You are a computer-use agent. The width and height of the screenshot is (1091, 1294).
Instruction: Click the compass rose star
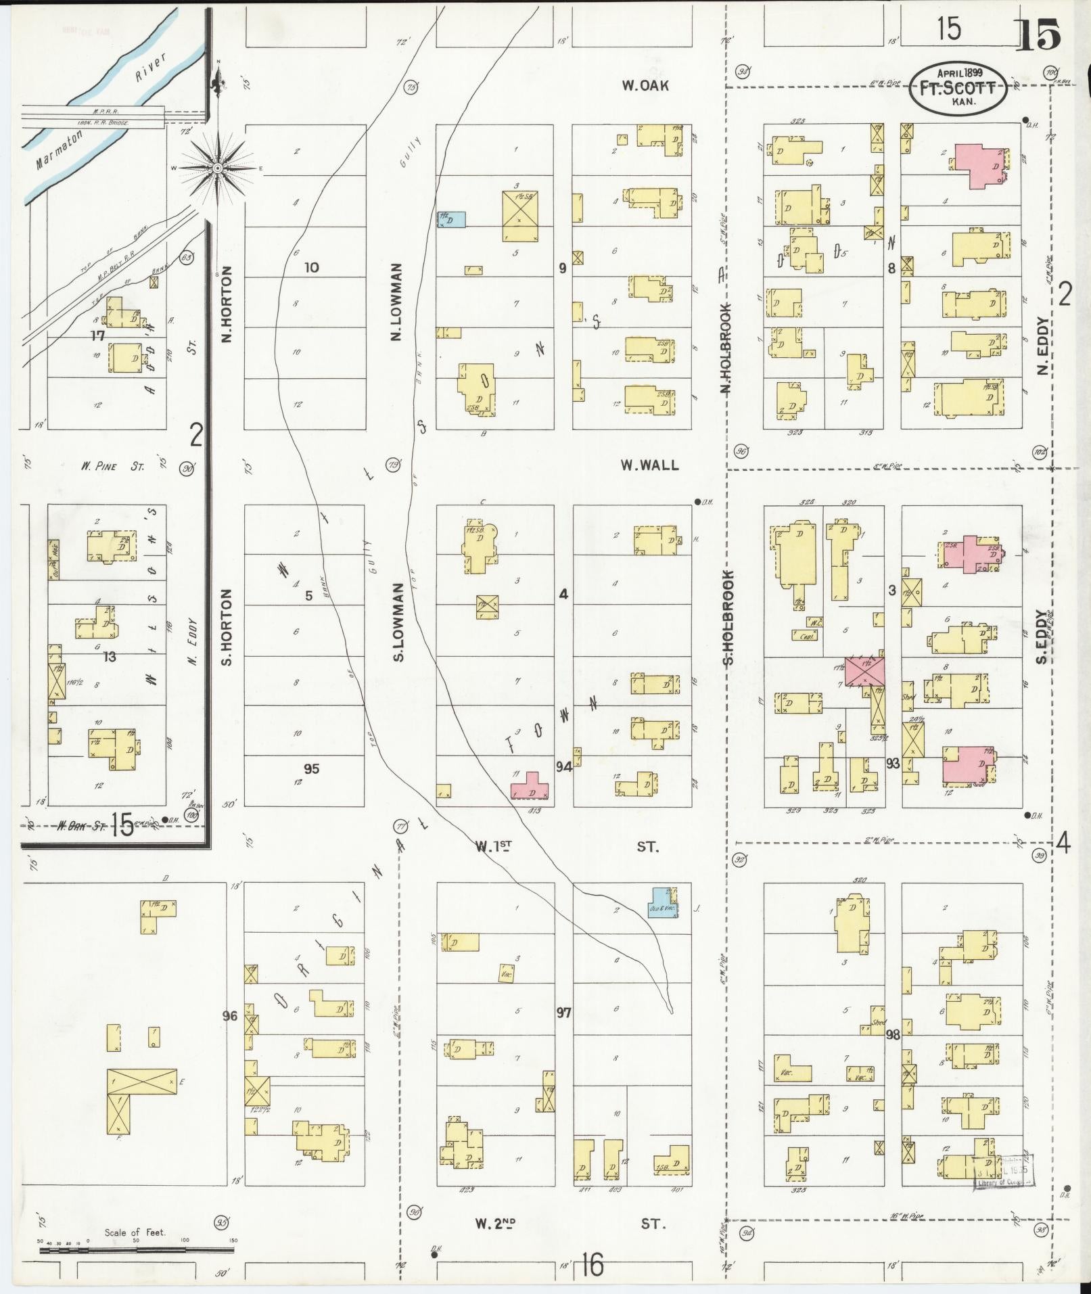(218, 167)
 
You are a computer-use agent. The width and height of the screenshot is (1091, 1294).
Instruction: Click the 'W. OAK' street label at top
(645, 85)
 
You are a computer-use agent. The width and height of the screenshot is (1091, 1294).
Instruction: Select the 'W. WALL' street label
(649, 465)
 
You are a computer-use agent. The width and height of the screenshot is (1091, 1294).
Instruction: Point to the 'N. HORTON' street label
(227, 304)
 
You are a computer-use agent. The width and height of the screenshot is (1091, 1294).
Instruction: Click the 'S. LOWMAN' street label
(398, 622)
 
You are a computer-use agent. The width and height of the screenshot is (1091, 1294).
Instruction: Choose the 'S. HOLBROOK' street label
(728, 618)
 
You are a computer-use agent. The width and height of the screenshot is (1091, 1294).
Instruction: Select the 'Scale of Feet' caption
(135, 1232)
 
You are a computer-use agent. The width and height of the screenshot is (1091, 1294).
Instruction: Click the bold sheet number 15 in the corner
(1038, 35)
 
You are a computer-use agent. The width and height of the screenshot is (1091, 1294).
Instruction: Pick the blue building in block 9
(451, 219)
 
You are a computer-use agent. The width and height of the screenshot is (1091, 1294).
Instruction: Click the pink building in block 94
(530, 786)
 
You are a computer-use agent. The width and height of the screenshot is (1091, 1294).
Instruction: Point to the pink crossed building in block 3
(865, 671)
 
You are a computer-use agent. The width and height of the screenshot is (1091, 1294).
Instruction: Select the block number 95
(311, 769)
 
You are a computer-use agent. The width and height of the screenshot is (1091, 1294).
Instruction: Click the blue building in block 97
(663, 902)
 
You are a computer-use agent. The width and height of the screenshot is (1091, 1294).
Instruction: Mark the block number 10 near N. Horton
(311, 268)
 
